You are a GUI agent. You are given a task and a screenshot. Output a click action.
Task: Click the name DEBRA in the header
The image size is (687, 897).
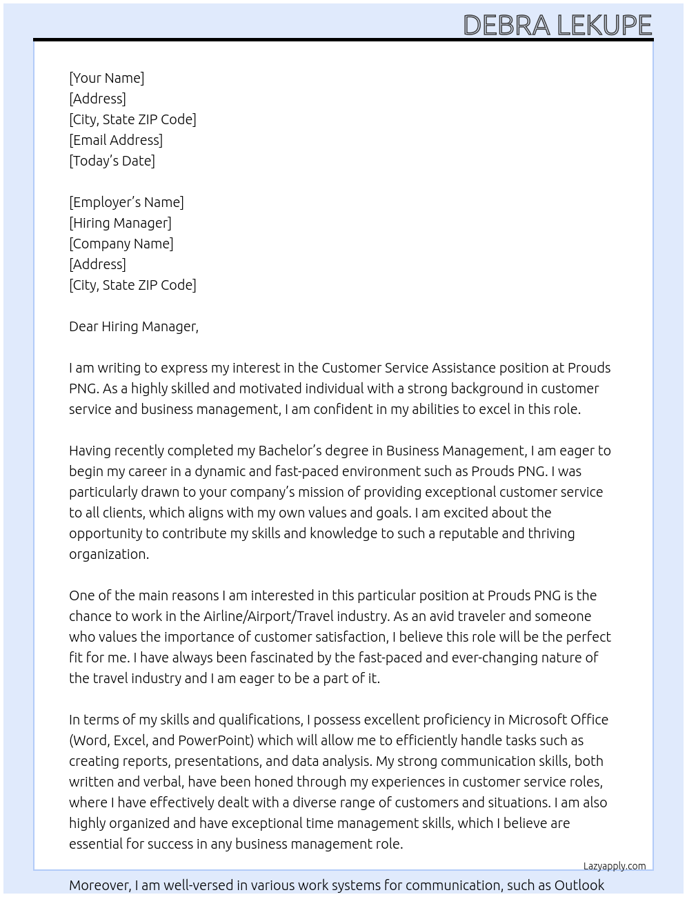(507, 26)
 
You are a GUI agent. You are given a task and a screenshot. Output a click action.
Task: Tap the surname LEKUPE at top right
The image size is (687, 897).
(604, 26)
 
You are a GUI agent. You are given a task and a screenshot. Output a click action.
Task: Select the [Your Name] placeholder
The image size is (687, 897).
(106, 78)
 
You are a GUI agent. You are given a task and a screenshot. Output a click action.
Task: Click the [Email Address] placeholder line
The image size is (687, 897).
(116, 140)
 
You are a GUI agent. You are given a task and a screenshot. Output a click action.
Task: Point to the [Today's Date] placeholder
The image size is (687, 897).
(112, 161)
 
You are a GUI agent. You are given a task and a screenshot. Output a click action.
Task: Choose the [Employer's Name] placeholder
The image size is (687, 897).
(126, 202)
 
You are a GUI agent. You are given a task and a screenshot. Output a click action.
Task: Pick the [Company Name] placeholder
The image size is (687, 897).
(121, 244)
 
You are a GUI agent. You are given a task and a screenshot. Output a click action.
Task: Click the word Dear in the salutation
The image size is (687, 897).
(83, 326)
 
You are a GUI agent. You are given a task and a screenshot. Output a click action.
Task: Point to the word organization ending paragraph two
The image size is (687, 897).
(108, 554)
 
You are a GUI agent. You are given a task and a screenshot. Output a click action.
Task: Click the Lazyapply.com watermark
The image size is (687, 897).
(615, 866)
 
